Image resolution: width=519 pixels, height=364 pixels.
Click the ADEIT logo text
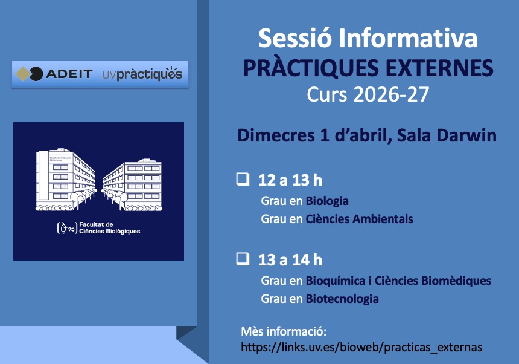(x=69, y=74)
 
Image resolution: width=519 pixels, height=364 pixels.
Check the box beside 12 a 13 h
(x=243, y=179)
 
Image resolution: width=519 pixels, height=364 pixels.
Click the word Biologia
(x=327, y=201)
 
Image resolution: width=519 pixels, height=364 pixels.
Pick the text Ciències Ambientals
(x=359, y=219)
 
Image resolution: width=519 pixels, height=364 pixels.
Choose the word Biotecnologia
(x=342, y=299)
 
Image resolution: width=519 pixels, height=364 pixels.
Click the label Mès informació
(x=283, y=332)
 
